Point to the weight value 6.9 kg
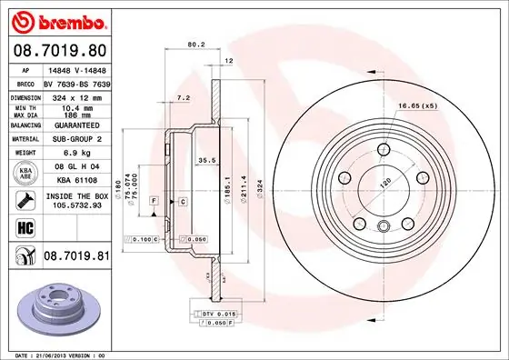pos(75,153)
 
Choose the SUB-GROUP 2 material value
pos(75,140)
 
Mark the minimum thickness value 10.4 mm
pos(75,106)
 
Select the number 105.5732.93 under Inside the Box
pos(75,205)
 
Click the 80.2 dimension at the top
pos(194,42)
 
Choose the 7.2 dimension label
pos(182,96)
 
